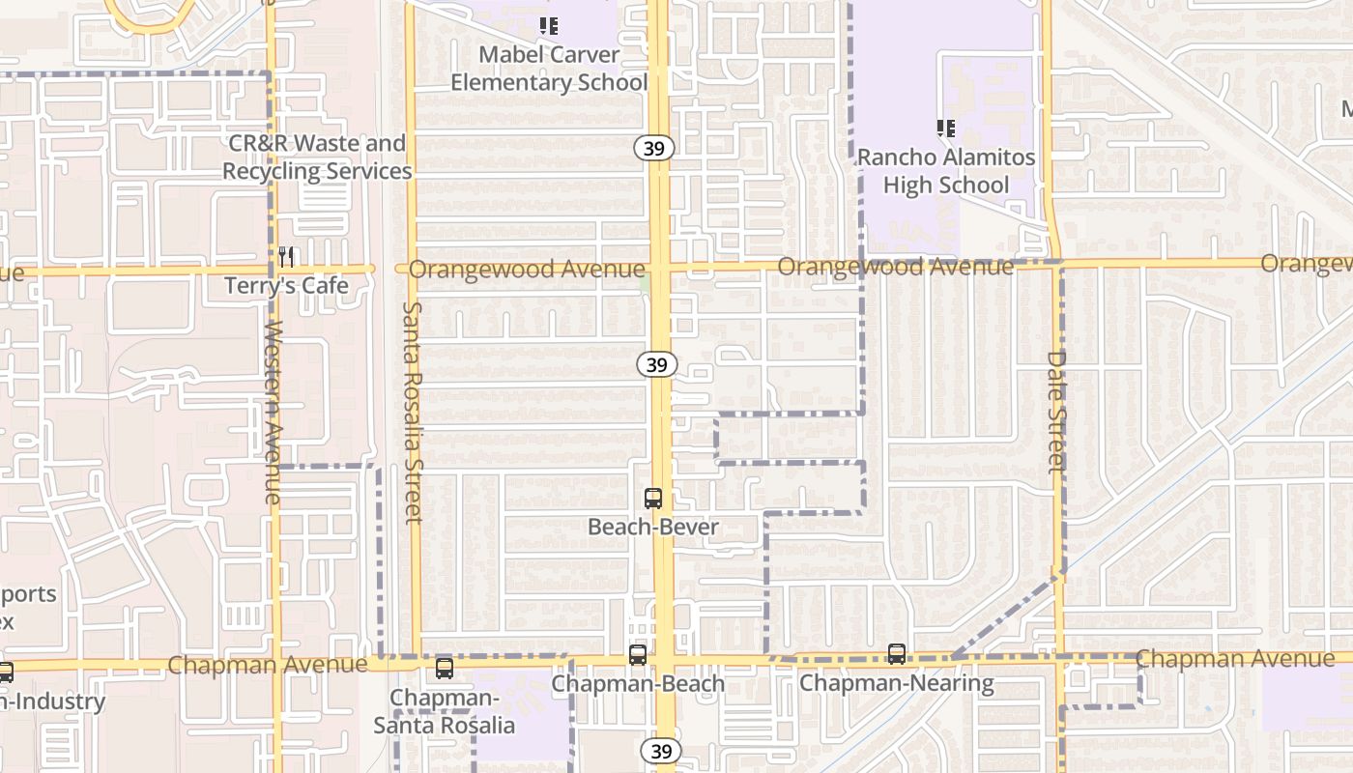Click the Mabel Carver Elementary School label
[x=549, y=69]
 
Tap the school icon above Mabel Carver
[x=549, y=26]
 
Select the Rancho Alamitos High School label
[x=946, y=171]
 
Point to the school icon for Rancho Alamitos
[x=946, y=128]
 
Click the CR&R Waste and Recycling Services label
[x=317, y=157]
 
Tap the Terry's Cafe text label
[x=286, y=286]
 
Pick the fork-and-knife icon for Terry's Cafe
[x=286, y=257]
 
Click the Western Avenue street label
[x=273, y=413]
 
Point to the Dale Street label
[x=1056, y=412]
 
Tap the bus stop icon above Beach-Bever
[x=653, y=499]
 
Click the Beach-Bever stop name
[x=653, y=527]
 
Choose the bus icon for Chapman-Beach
[x=638, y=654]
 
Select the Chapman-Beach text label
[x=638, y=684]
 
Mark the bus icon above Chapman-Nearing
[x=897, y=654]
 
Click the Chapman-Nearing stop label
[x=897, y=684]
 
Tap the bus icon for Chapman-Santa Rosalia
[x=445, y=668]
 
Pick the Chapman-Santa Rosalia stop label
[x=445, y=710]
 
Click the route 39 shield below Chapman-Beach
[x=660, y=751]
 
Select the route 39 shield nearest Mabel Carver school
[x=654, y=147]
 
